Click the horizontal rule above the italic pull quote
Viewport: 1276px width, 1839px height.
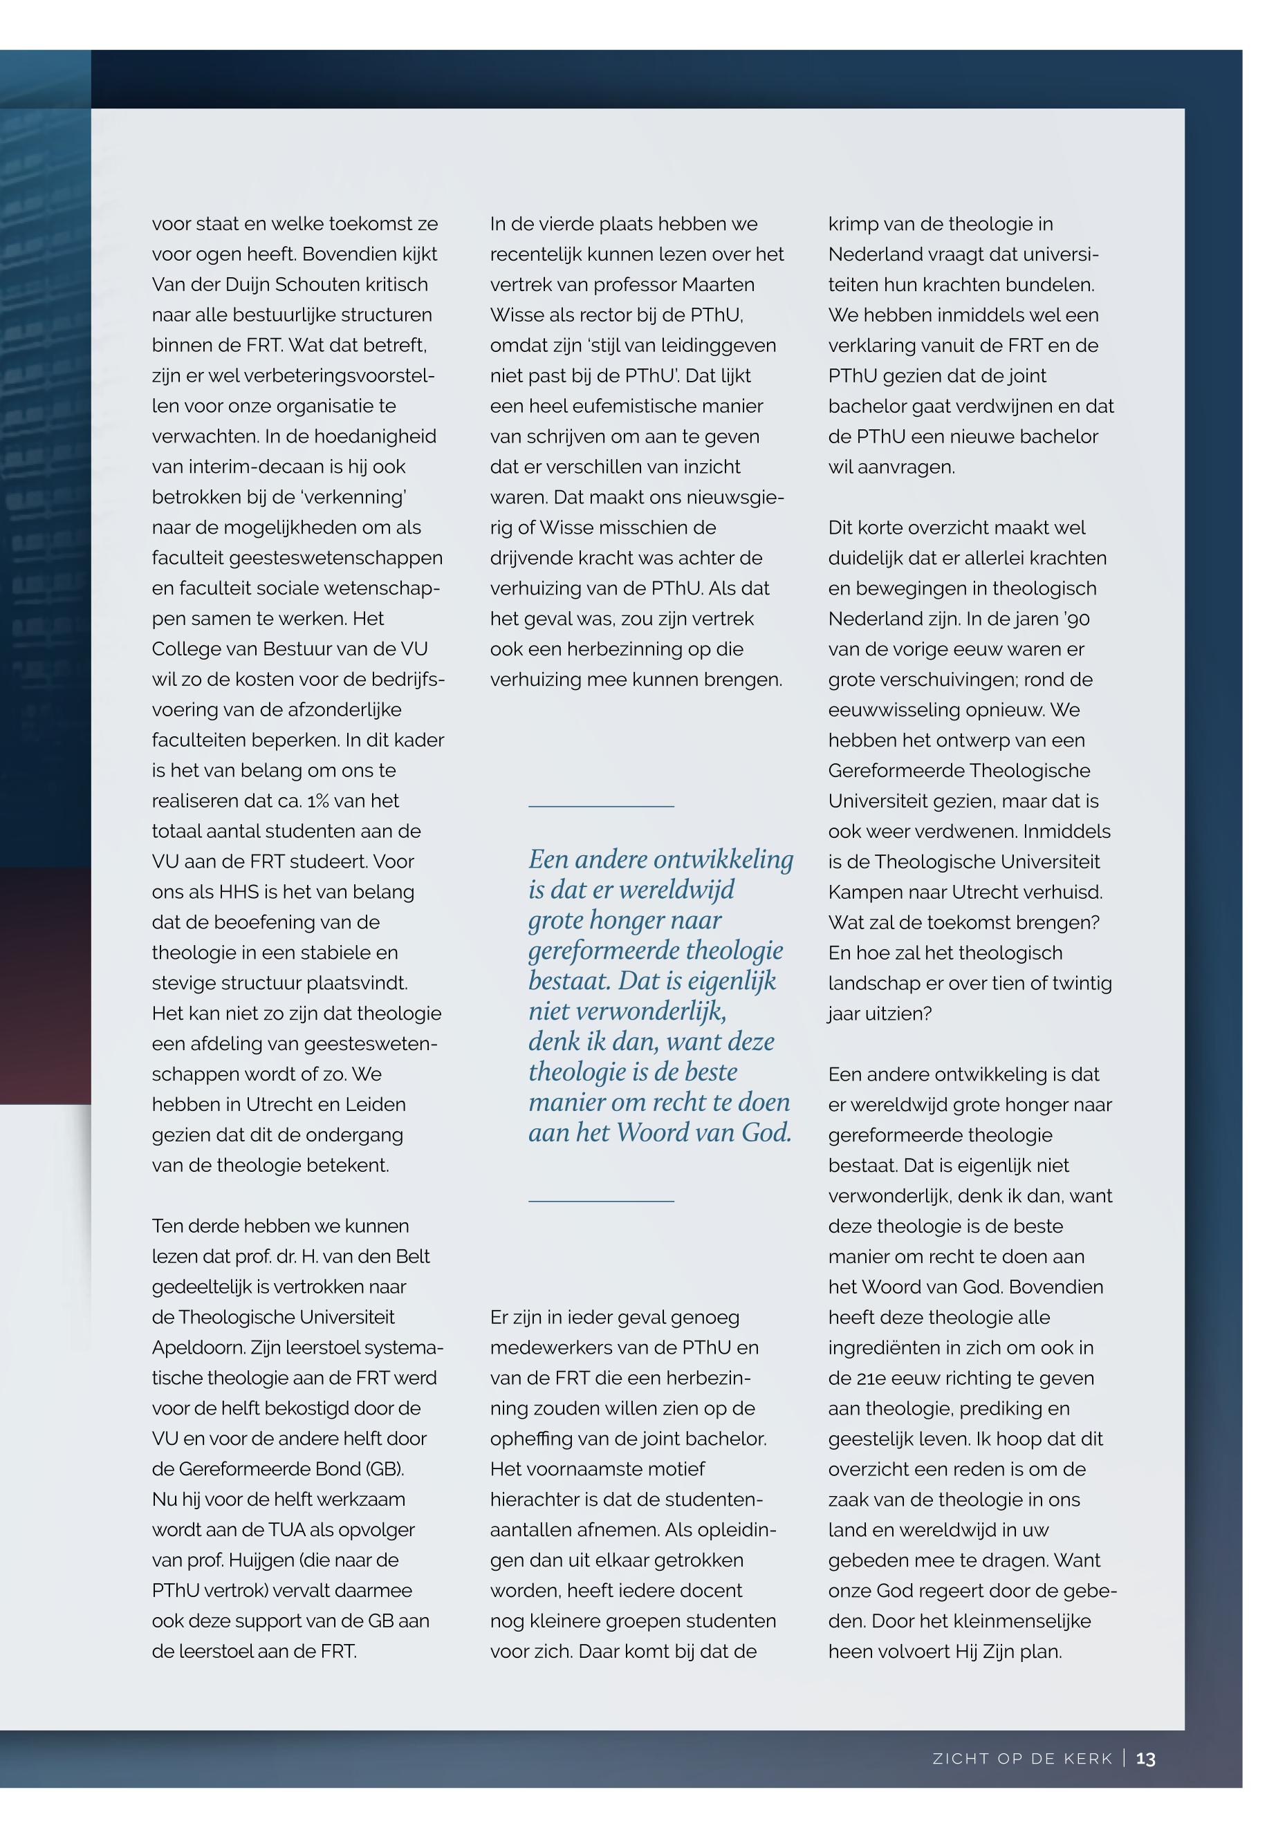(601, 806)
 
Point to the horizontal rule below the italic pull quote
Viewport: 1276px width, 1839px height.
(601, 1200)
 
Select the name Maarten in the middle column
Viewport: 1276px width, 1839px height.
(718, 285)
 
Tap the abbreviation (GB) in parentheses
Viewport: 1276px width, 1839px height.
(385, 1469)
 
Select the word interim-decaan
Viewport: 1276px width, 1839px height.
(281, 467)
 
